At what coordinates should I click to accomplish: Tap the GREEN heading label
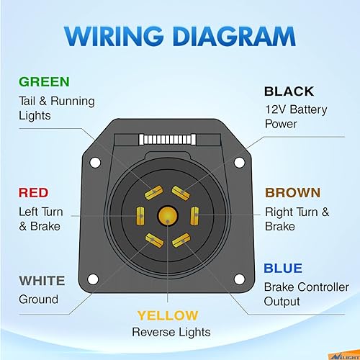[x=44, y=82]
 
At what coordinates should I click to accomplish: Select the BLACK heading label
[x=289, y=91]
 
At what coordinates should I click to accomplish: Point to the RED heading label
[x=33, y=192]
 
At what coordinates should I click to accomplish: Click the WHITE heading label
[x=42, y=280]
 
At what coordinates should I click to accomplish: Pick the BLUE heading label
[x=282, y=269]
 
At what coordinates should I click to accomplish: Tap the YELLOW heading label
[x=167, y=315]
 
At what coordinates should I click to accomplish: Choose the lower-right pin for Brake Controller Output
[x=183, y=238]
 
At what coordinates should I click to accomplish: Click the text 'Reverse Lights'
[x=171, y=332]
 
